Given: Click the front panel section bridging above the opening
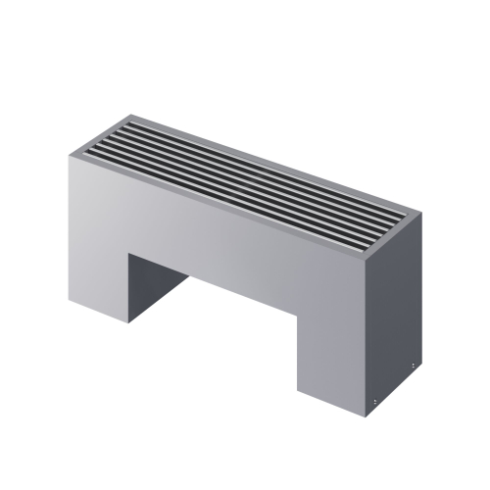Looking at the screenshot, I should pos(216,245).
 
